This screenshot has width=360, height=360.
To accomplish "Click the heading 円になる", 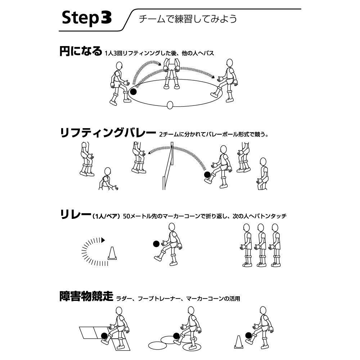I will click(x=81, y=51).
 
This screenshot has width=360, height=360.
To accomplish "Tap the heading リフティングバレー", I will click(x=107, y=133).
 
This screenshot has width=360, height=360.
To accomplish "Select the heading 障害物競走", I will click(x=86, y=297).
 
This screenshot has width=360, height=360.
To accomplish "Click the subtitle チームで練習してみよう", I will click(x=188, y=19).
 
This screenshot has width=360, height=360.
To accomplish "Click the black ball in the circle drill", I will click(x=134, y=92).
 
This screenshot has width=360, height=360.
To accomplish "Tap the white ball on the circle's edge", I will click(x=170, y=105).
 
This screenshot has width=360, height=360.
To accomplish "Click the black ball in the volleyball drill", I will click(x=207, y=175).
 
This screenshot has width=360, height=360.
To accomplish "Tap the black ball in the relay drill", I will click(x=156, y=244).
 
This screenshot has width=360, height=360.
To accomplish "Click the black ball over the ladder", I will click(x=104, y=336).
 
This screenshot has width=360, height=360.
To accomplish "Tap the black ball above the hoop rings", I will click(x=176, y=336).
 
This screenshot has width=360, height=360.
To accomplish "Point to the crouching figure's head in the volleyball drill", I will click(x=107, y=171).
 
